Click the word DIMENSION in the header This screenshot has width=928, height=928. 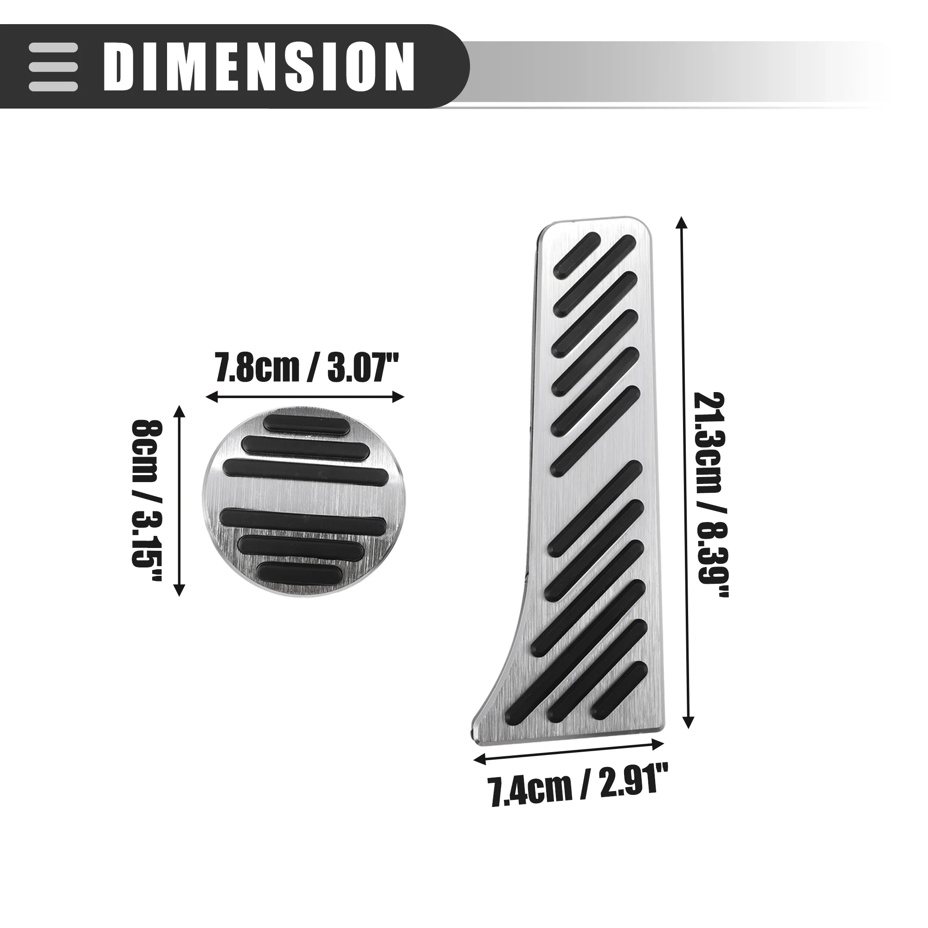(259, 66)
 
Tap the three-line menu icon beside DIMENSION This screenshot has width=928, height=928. (53, 67)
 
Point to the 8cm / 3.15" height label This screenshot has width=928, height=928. (147, 500)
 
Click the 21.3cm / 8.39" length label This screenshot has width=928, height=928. (711, 495)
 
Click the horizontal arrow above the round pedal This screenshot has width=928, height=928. (305, 397)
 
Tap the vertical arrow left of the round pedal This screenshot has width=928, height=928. (179, 501)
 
